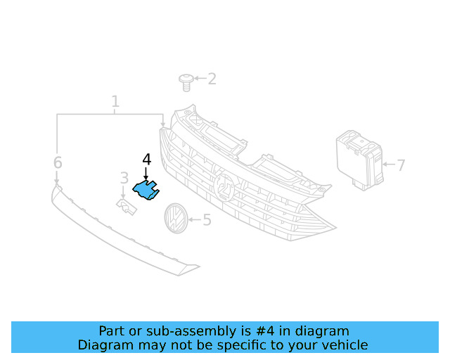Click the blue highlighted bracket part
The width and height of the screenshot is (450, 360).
coord(146,189)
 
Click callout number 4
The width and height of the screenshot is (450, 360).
coord(146,160)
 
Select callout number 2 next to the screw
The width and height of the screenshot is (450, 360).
coord(211,79)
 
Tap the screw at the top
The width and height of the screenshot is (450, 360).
coord(186,82)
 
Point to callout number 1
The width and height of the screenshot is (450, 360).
coord(115,102)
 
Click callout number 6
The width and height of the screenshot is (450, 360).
coord(58,163)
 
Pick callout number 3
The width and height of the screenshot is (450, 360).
coord(124,179)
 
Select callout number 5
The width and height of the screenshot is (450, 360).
coord(207,220)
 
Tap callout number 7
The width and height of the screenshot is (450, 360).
coord(401,166)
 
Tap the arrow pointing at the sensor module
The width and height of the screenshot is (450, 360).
coord(388,166)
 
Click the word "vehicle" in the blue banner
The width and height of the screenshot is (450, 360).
coord(343,345)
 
